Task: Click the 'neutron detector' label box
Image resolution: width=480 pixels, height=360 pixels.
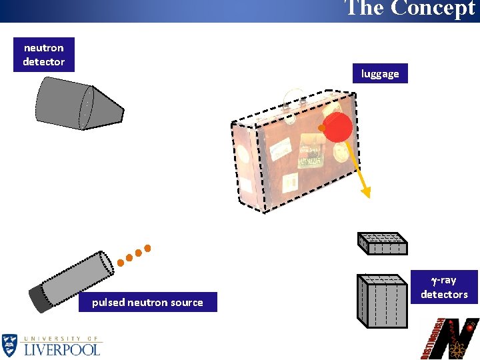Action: [43, 55]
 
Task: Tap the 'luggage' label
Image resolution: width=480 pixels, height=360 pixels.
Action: [380, 73]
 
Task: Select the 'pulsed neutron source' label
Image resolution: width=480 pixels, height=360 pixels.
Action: [147, 302]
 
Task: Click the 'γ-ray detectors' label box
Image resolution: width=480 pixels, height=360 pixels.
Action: [444, 287]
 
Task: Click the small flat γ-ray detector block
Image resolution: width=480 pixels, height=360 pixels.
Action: [383, 243]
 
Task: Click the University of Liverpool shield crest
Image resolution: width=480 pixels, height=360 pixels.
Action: [10, 345]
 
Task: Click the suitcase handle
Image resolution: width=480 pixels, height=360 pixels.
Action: [295, 103]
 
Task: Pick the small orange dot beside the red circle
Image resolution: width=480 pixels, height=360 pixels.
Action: [321, 127]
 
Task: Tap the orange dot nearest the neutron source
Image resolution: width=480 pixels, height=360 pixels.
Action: [121, 262]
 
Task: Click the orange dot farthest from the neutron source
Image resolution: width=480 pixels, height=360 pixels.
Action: [148, 249]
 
